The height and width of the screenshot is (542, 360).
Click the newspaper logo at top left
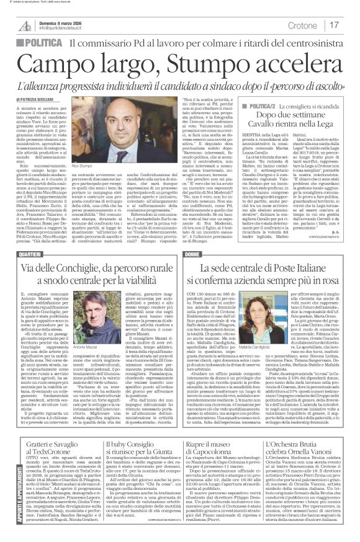pos(25,24)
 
